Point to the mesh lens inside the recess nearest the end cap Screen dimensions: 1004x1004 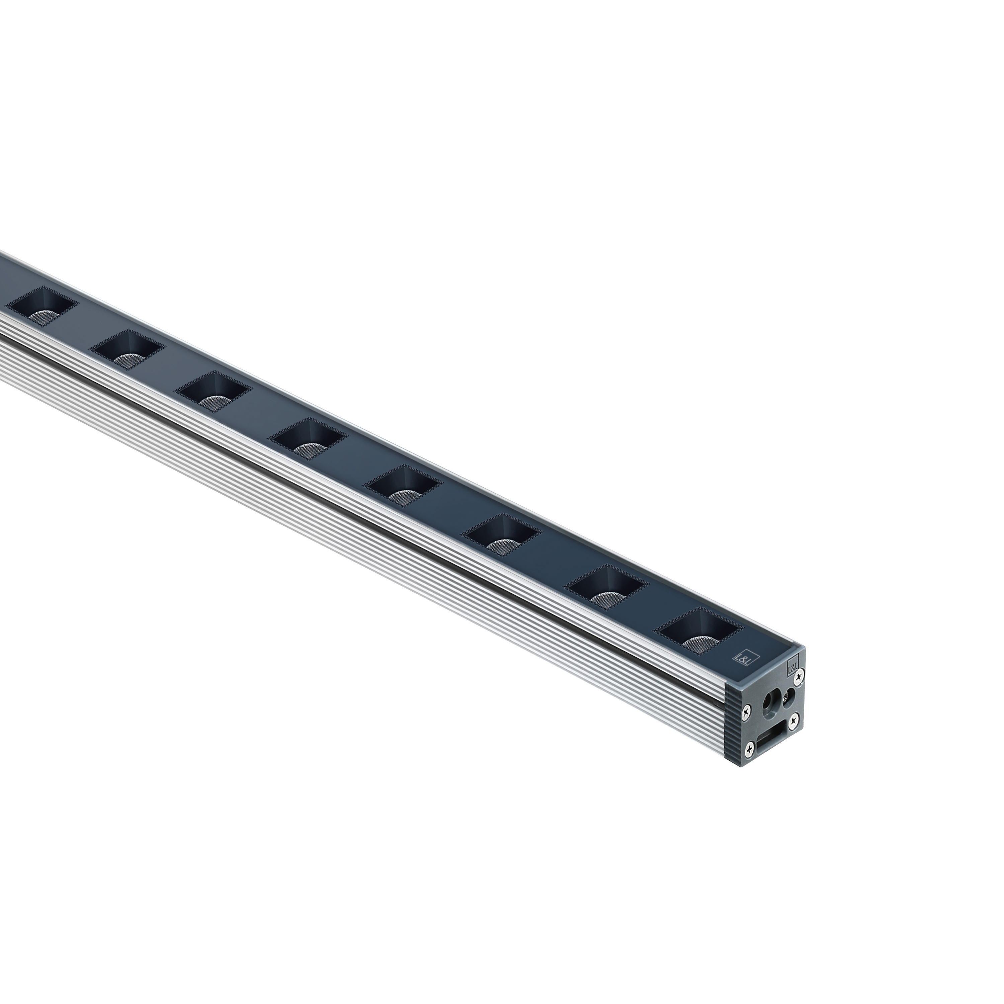coord(697,643)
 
